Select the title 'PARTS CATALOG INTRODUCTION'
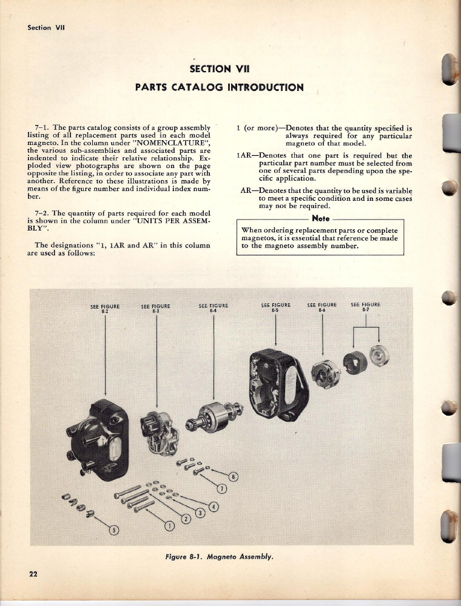click(219, 87)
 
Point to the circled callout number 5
click(113, 530)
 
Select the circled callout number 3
click(201, 513)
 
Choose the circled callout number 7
click(222, 488)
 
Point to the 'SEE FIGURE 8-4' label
click(214, 308)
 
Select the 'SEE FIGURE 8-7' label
click(366, 306)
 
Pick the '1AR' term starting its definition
click(243, 156)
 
